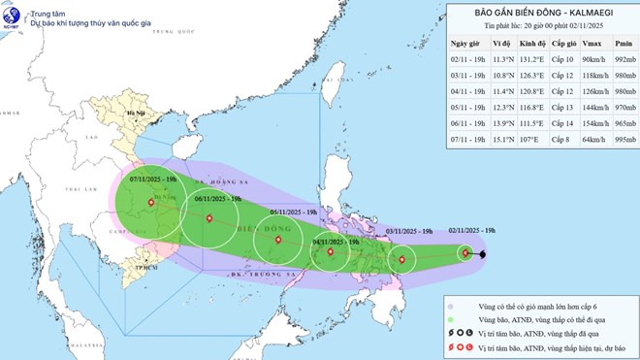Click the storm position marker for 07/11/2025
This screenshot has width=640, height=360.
click(150, 203)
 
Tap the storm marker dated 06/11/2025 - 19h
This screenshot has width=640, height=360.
click(208, 217)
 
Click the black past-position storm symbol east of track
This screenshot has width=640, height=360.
click(482, 254)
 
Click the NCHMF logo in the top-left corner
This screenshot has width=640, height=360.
click(14, 15)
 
